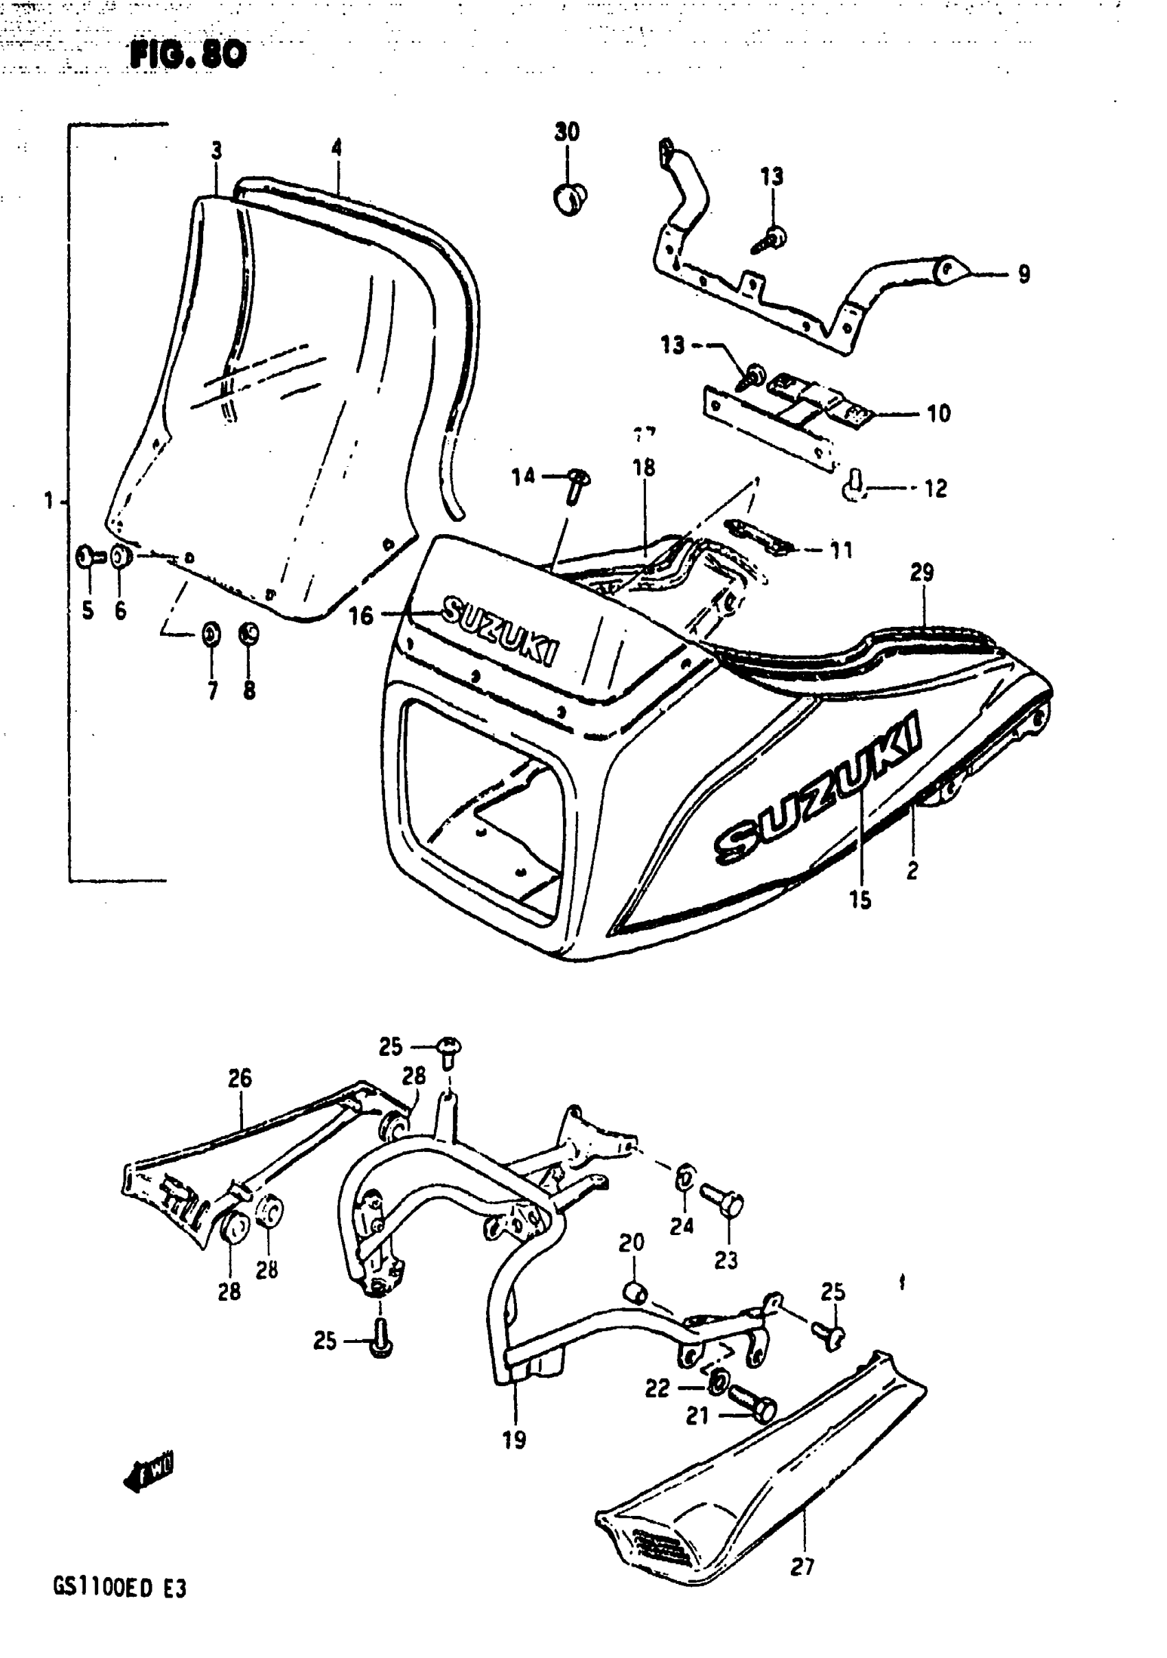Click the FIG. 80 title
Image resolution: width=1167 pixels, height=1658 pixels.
coord(188,55)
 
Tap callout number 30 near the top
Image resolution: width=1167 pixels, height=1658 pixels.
coord(567,132)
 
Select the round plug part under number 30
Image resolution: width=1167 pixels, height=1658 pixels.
coord(570,197)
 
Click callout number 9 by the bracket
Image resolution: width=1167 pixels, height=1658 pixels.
coord(1024,275)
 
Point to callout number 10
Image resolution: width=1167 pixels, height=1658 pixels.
coord(938,414)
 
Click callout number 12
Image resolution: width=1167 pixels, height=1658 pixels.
coord(935,489)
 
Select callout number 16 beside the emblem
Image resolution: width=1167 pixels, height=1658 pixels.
coord(361,616)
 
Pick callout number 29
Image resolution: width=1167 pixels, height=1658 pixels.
coord(922,573)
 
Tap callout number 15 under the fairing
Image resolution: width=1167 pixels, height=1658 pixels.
coord(860,900)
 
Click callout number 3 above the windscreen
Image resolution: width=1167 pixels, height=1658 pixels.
coord(217,151)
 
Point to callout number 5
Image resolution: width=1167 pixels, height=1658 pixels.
coord(87,611)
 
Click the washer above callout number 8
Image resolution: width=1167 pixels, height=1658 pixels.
coord(249,634)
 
